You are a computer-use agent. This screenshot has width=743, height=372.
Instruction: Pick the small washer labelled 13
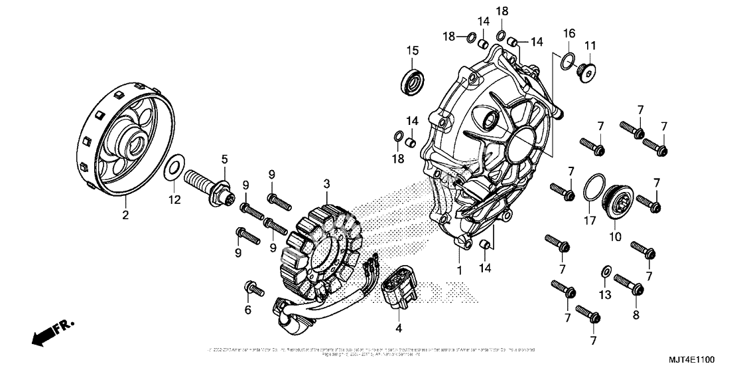pos(604,272)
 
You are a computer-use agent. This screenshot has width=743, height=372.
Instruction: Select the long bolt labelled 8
pos(628,284)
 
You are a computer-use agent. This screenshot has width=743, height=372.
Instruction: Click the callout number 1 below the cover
pos(457,271)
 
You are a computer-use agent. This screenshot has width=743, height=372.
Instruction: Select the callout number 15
pos(412,50)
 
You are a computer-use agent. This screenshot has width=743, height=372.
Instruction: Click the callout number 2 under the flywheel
pos(125,215)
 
